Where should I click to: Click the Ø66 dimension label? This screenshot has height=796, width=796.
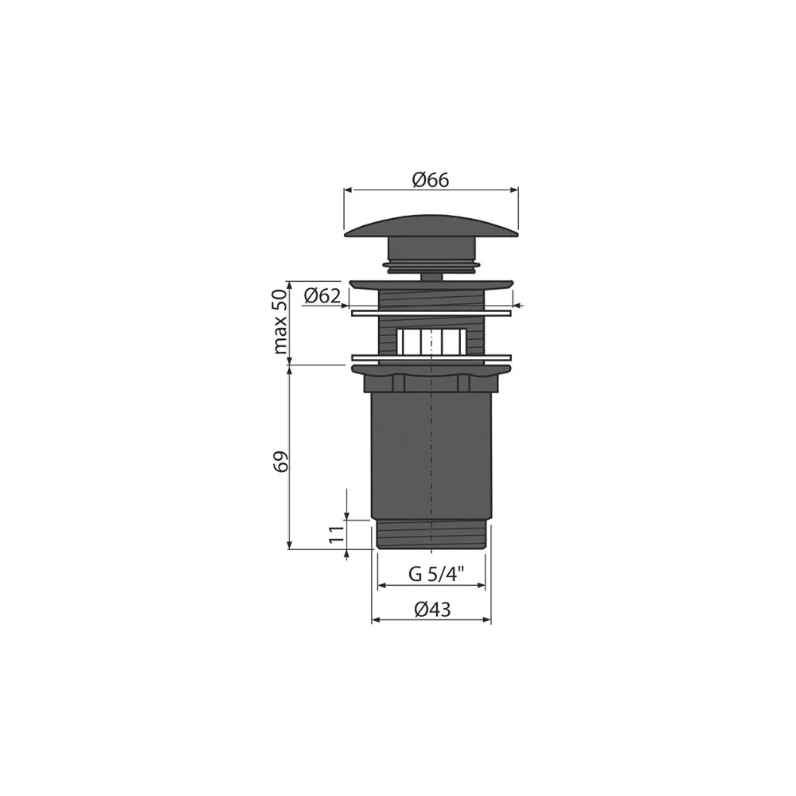point(431,180)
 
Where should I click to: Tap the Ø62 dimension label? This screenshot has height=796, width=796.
point(322,295)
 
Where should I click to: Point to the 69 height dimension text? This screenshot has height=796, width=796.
point(282,461)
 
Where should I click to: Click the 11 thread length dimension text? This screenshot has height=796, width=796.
point(337,535)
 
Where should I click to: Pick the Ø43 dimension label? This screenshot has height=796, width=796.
point(432,609)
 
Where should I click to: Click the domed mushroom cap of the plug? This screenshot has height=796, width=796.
point(431,226)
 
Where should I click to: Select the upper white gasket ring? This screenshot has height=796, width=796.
point(431,313)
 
